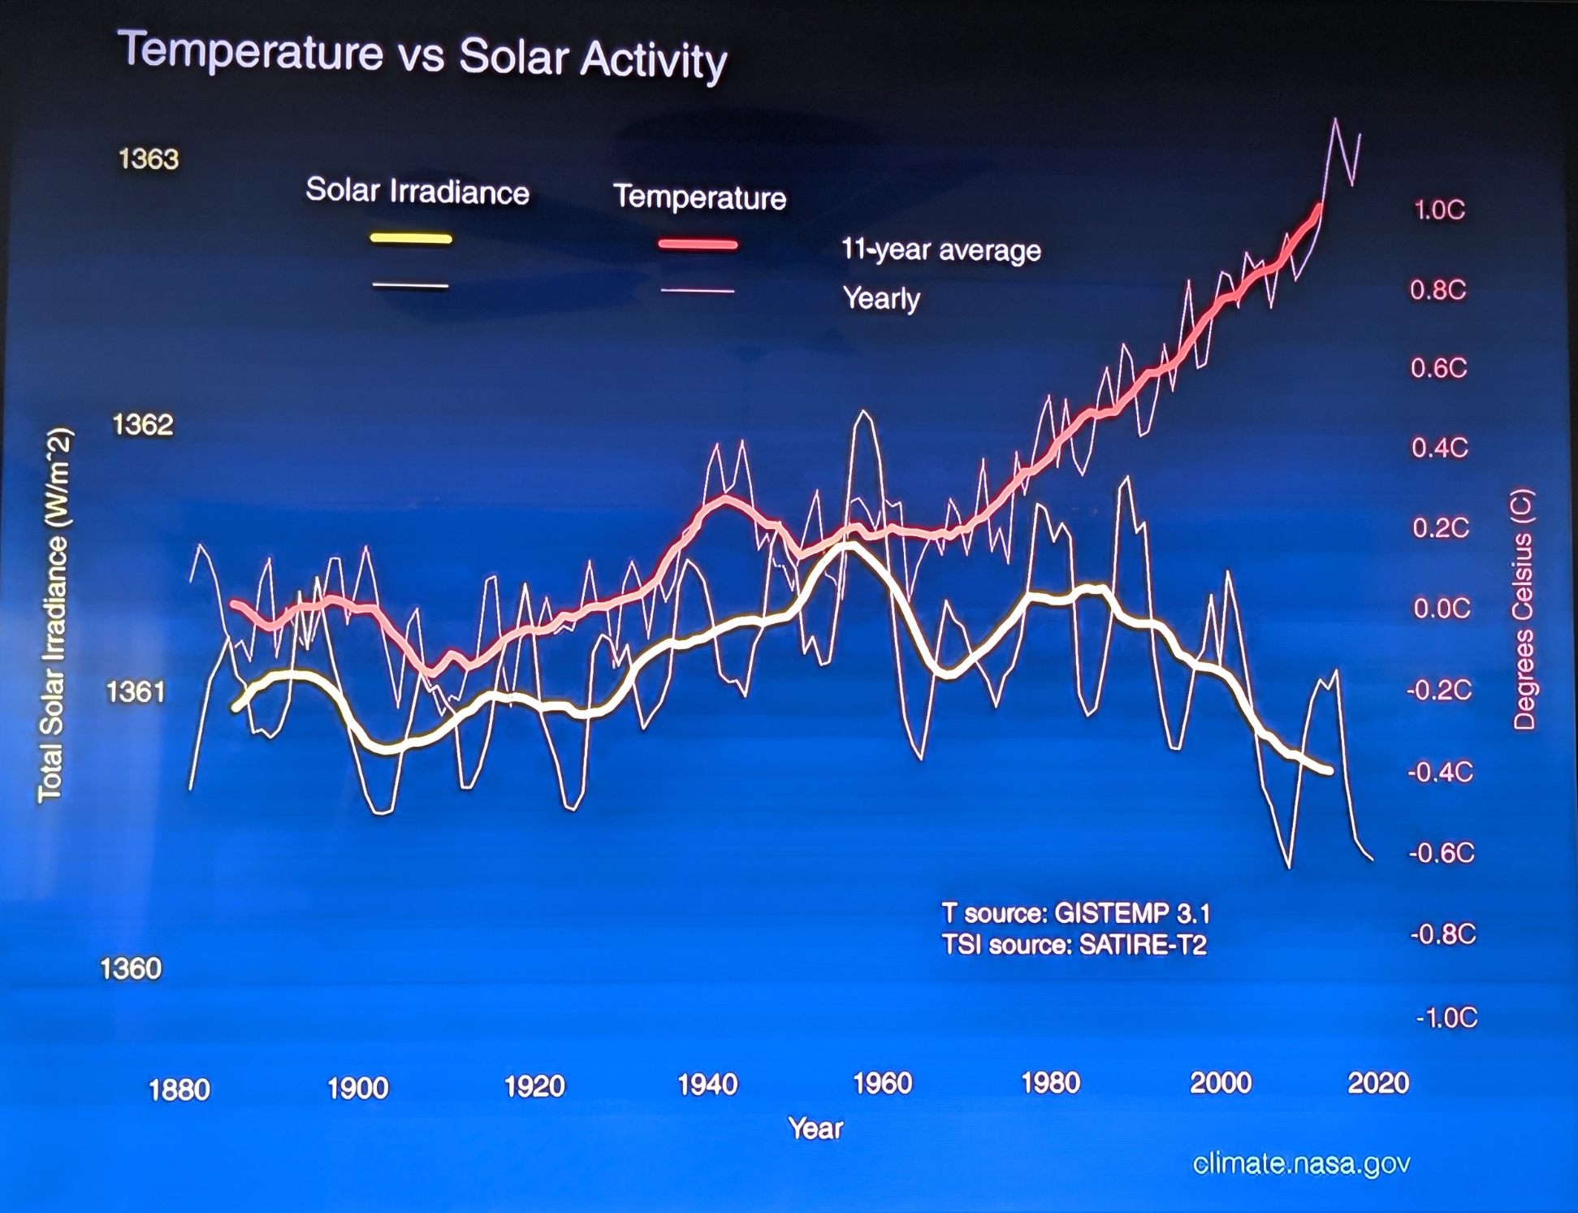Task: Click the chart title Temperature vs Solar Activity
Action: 422,55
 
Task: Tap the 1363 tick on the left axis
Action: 149,158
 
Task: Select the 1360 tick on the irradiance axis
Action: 131,968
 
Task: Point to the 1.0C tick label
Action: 1439,210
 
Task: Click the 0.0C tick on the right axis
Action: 1442,608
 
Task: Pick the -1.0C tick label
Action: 1446,1017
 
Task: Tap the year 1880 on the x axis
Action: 179,1090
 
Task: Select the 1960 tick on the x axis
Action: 882,1084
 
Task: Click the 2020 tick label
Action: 1378,1082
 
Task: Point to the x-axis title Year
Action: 815,1129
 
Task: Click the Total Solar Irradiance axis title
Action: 54,615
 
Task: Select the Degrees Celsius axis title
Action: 1524,609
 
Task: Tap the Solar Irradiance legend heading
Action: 417,192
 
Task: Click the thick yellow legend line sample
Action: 411,239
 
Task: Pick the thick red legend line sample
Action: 698,244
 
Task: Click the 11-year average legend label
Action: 940,249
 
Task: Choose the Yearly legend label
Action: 881,298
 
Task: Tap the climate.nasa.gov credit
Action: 1301,1163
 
